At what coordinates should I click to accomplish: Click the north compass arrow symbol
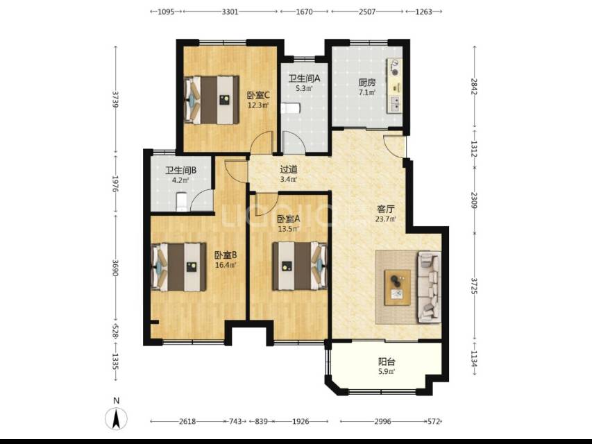pyautogui.click(x=116, y=419)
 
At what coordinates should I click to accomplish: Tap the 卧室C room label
pyautogui.click(x=258, y=95)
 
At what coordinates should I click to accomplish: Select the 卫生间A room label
pyautogui.click(x=304, y=78)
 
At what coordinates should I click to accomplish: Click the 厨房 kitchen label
pyautogui.click(x=366, y=83)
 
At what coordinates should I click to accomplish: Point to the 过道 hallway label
pyautogui.click(x=289, y=169)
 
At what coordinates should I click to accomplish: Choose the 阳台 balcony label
pyautogui.click(x=387, y=361)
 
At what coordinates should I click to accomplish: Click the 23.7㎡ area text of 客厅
pyautogui.click(x=387, y=219)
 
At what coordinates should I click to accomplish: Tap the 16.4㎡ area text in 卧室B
pyautogui.click(x=226, y=265)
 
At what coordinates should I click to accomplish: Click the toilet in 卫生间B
pyautogui.click(x=182, y=201)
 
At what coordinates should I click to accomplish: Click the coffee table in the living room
pyautogui.click(x=397, y=287)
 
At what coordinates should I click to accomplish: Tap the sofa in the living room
pyautogui.click(x=429, y=287)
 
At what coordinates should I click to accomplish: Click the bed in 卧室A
pyautogui.click(x=300, y=266)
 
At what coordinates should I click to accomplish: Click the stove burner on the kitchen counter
pyautogui.click(x=395, y=67)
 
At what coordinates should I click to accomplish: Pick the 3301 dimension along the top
pyautogui.click(x=230, y=12)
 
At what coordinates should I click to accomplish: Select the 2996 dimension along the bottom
pyautogui.click(x=383, y=421)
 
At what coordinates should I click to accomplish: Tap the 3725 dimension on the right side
pyautogui.click(x=475, y=286)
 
